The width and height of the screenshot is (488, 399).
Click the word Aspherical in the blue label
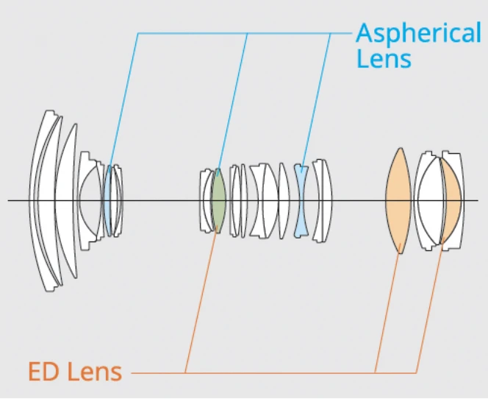pos(417,33)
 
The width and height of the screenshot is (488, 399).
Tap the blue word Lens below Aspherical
pos(384,58)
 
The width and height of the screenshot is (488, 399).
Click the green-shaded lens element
pos(218,199)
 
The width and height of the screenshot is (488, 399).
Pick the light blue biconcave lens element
pos(300,199)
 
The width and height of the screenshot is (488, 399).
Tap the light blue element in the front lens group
pos(107,199)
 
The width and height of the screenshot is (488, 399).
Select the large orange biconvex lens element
pos(398,199)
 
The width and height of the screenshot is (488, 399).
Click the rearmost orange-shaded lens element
pos(452,199)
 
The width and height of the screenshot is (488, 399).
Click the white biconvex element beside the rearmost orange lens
pos(428,199)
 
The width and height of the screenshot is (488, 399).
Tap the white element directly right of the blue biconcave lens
pos(321,199)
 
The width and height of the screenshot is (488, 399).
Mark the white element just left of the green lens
pos(206,199)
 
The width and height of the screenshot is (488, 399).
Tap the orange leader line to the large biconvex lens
pos(387,309)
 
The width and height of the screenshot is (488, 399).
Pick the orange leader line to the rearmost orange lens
pos(430,309)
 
